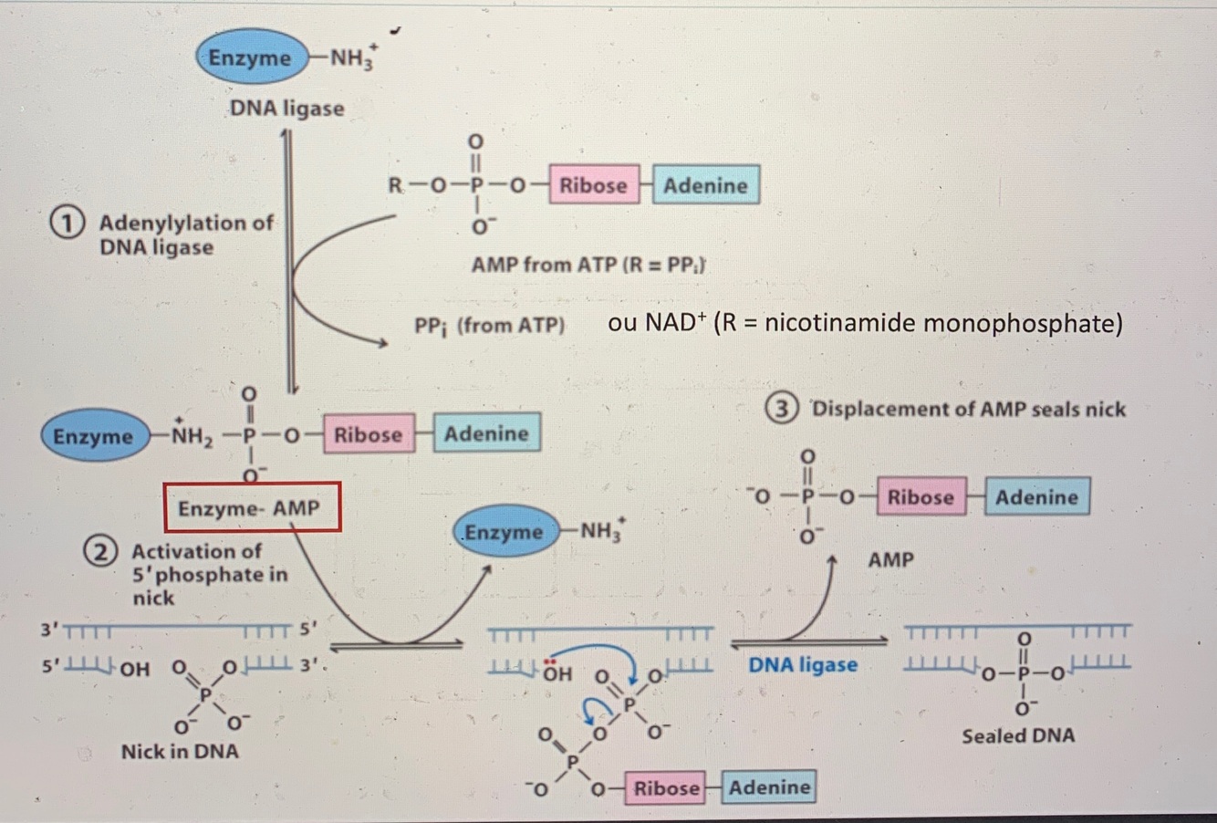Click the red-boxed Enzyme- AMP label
point(252,507)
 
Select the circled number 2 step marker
point(99,552)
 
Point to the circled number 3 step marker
point(781,410)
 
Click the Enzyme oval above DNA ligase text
point(248,57)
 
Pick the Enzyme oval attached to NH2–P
point(93,436)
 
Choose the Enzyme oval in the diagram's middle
point(504,532)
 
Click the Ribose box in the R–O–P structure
point(593,185)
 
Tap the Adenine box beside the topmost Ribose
point(705,185)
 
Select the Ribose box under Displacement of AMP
point(921,497)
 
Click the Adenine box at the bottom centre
point(769,787)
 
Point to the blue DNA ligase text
point(803,664)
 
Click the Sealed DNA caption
point(1017,735)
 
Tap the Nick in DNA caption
point(180,752)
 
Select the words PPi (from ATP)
point(489,325)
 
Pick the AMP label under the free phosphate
point(890,559)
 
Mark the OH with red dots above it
point(556,673)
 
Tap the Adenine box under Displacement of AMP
point(1036,497)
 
